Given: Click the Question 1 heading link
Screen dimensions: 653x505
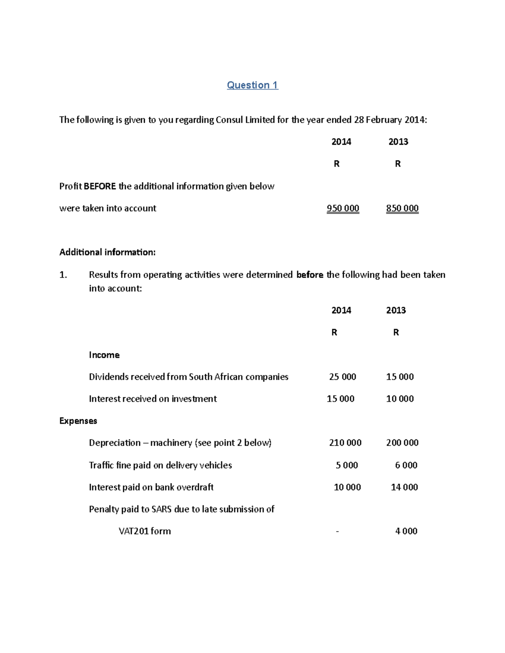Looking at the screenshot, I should [x=252, y=85].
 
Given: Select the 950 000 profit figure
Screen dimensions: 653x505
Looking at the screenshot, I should [x=343, y=209].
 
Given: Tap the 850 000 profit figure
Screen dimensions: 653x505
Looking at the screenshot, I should [x=402, y=209].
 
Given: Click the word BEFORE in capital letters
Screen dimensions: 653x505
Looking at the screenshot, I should [x=100, y=186].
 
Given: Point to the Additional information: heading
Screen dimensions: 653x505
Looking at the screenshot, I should [x=107, y=252].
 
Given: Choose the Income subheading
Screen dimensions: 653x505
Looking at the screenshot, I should [x=104, y=355].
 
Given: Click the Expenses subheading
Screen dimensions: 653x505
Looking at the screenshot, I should [x=78, y=421].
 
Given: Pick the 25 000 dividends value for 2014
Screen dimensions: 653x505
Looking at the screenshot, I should [x=343, y=377].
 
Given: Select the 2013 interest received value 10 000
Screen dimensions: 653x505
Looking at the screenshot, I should [x=400, y=399].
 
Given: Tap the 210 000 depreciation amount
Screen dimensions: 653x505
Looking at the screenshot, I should [x=345, y=443].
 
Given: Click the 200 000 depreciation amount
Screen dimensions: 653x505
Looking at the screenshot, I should [x=402, y=443].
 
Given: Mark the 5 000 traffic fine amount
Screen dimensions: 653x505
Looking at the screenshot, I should [x=347, y=465].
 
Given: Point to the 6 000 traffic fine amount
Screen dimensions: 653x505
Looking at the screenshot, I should [x=406, y=465].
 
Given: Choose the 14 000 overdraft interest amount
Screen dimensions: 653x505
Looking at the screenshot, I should [x=404, y=487].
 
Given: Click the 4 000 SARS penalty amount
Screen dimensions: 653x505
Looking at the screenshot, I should [x=406, y=531].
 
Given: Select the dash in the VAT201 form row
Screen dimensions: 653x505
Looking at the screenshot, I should [x=337, y=531].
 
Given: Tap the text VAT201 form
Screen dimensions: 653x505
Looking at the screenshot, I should [x=145, y=531].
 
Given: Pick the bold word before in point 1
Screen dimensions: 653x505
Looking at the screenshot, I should [x=310, y=275].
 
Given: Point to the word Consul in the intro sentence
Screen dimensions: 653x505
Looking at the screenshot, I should [x=229, y=120].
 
